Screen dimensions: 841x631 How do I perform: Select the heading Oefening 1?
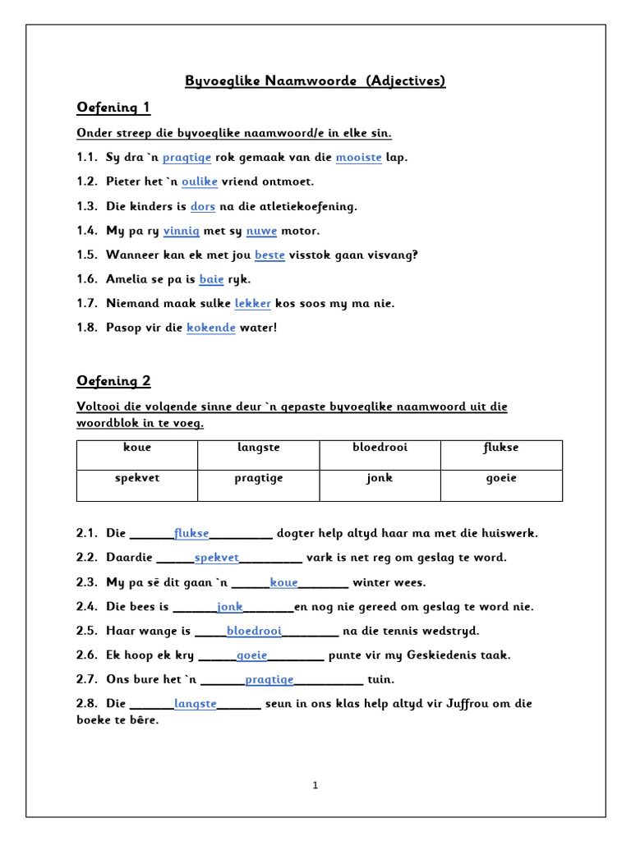(113, 108)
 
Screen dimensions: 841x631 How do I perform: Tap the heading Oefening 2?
(113, 380)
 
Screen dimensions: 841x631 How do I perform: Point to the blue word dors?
(203, 206)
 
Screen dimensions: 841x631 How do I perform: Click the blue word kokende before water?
(211, 328)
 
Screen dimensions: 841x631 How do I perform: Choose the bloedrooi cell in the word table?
(380, 448)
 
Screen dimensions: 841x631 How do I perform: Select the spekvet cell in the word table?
(136, 477)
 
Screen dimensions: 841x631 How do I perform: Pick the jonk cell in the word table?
(380, 477)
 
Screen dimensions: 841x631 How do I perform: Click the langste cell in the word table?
(258, 448)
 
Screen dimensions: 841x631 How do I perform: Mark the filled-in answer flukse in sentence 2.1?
(191, 533)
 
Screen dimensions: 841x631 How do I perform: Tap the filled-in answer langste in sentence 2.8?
(196, 704)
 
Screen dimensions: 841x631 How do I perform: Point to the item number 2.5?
(87, 631)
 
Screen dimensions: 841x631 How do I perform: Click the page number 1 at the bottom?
(315, 785)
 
